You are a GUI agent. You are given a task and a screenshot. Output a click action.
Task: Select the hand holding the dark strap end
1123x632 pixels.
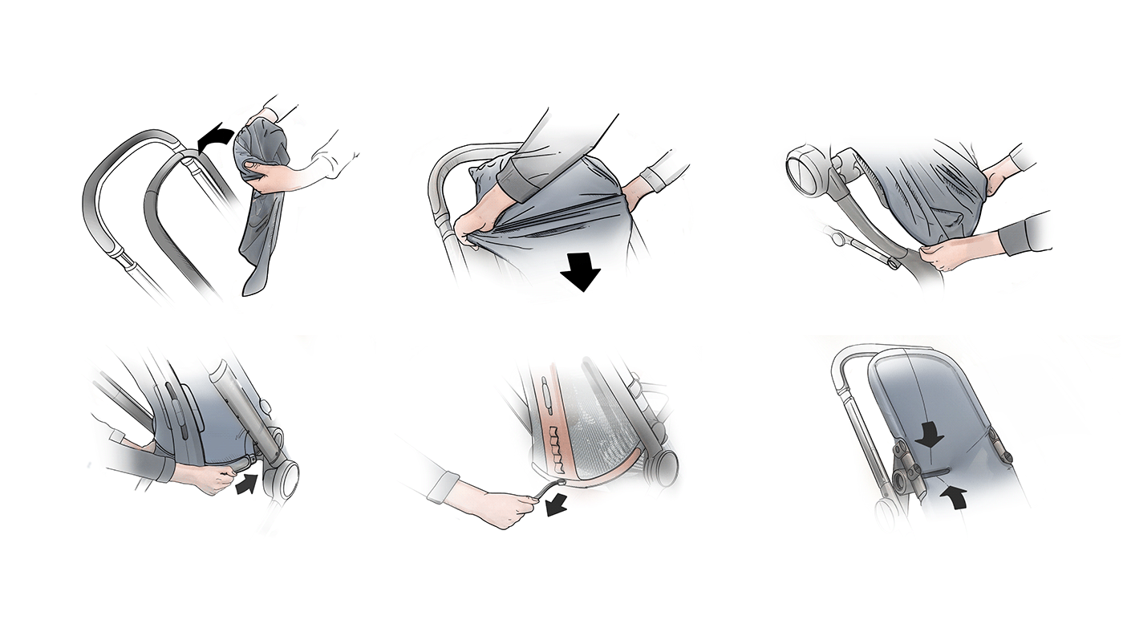click(200, 478)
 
